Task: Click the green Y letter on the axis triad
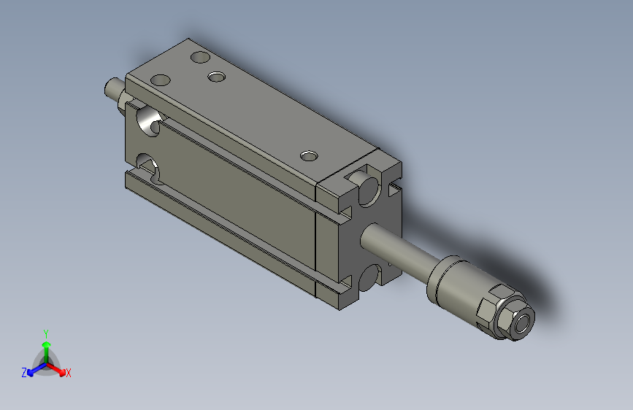pyautogui.click(x=46, y=333)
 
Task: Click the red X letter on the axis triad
pyautogui.click(x=68, y=373)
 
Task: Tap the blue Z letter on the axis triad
pyautogui.click(x=24, y=373)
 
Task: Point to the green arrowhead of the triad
pyautogui.click(x=47, y=345)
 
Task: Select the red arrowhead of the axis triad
pyautogui.click(x=61, y=371)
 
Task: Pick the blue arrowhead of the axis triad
pyautogui.click(x=31, y=373)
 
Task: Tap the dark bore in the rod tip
pyautogui.click(x=523, y=323)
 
